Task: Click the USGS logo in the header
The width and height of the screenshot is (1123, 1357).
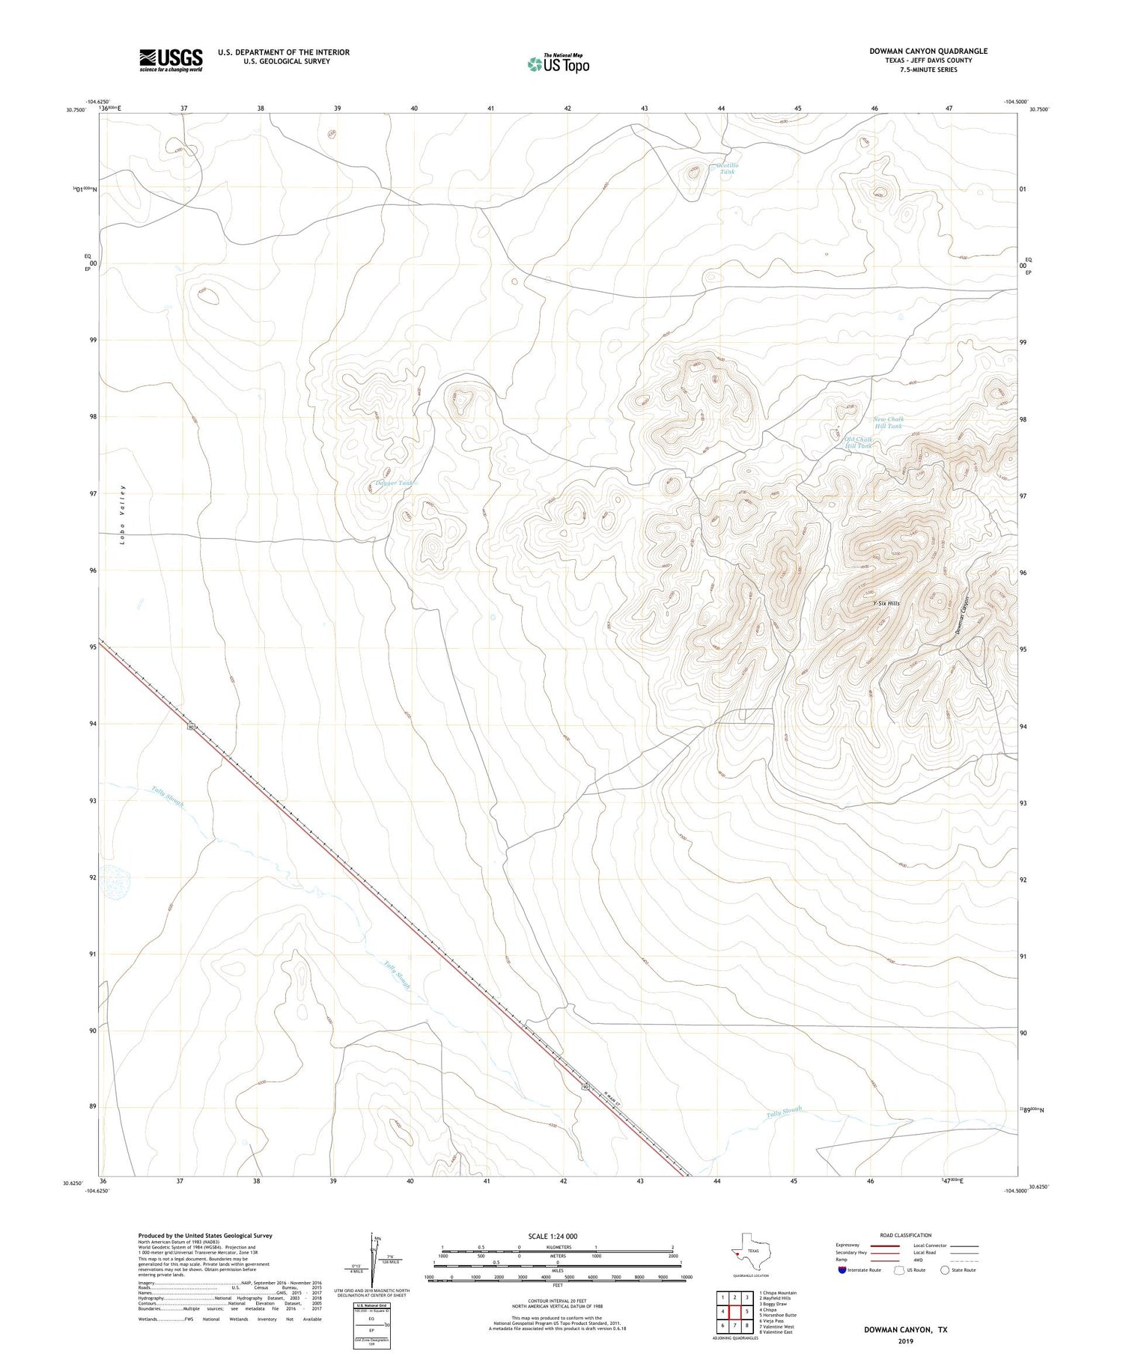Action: coord(171,60)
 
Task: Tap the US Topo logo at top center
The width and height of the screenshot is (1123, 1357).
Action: coord(558,64)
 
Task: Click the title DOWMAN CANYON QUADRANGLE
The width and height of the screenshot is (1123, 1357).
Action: coord(928,51)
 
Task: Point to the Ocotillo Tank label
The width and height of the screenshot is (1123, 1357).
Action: coord(727,168)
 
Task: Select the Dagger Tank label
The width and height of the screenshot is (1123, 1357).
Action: coord(395,484)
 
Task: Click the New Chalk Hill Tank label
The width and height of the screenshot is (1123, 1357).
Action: coord(889,422)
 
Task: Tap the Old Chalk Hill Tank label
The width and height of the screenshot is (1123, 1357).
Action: coord(858,442)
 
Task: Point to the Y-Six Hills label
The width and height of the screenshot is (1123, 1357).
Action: coord(886,603)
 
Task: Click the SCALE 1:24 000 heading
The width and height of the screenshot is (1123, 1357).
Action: coord(553,1236)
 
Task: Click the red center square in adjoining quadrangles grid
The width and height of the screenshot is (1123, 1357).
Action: coord(734,1311)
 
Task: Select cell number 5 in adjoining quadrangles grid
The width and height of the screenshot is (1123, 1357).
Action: coord(747,1311)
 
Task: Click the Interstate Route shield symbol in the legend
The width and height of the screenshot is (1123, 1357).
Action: coord(844,1270)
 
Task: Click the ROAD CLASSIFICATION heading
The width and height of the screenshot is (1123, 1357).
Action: coord(906,1235)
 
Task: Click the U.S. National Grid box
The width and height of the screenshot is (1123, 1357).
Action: coord(372,1326)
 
